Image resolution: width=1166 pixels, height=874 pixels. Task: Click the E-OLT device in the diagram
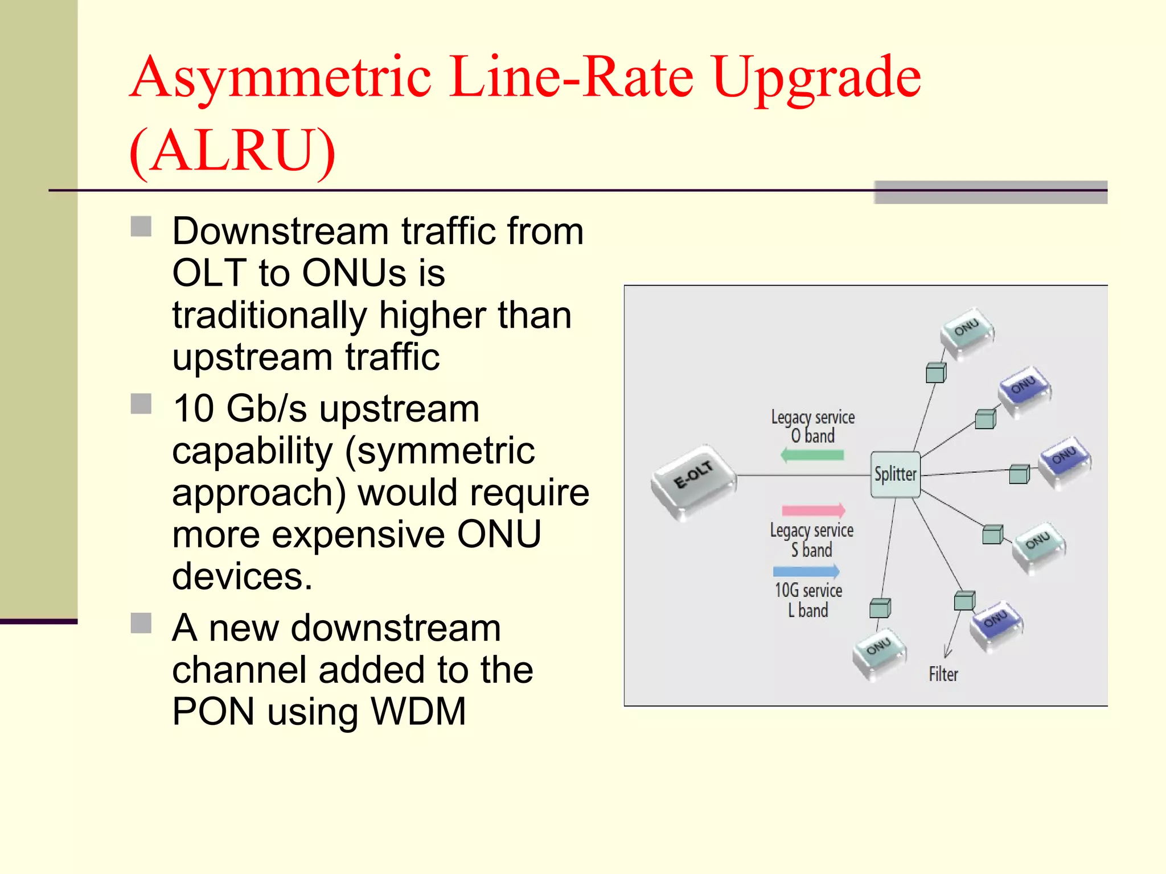coord(693,481)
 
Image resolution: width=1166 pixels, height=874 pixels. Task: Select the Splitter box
coord(896,475)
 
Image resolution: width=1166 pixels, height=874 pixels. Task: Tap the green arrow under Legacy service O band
coord(812,455)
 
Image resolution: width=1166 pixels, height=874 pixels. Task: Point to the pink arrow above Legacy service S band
coord(814,510)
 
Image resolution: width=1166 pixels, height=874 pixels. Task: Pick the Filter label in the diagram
coord(943,674)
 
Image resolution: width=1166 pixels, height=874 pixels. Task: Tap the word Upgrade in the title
coord(816,78)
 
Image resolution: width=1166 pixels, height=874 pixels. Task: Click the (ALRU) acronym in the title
coord(232,151)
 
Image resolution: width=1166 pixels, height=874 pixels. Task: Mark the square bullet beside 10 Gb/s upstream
coord(141,404)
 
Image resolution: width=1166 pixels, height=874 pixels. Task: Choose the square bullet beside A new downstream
coord(141,623)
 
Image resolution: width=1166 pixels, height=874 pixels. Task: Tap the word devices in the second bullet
coord(242,576)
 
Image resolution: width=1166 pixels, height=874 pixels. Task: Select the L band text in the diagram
coord(808,611)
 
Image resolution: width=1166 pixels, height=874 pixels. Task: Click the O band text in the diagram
coord(812,436)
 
